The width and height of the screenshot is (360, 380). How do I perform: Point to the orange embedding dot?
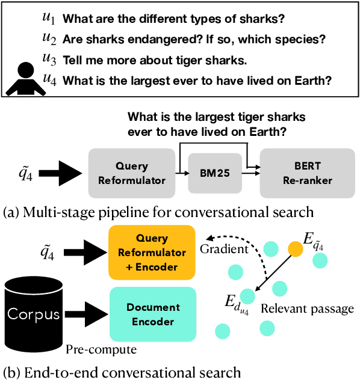(x=295, y=248)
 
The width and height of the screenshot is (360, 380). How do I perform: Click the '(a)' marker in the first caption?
(x=12, y=212)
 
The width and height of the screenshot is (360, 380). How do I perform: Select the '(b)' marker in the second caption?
(x=12, y=372)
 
